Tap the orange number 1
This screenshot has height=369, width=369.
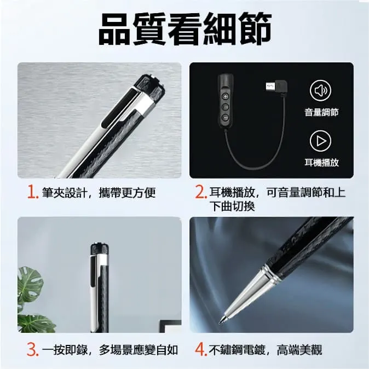pyautogui.click(x=33, y=193)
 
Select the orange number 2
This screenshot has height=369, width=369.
pyautogui.click(x=201, y=193)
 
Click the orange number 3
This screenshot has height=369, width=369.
pyautogui.click(x=32, y=349)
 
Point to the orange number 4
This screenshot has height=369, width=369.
pyautogui.click(x=201, y=349)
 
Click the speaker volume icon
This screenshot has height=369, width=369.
pyautogui.click(x=320, y=90)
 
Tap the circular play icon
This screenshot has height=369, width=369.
pyautogui.click(x=320, y=141)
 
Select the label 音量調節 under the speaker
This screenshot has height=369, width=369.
pyautogui.click(x=321, y=112)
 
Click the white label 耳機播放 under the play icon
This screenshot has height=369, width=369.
pyautogui.click(x=321, y=163)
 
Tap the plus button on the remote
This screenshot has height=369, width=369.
pyautogui.click(x=226, y=96)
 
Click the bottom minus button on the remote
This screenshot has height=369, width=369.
pyautogui.click(x=226, y=117)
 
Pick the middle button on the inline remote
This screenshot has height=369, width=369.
pyautogui.click(x=226, y=107)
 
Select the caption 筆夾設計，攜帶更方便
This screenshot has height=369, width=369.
pyautogui.click(x=99, y=193)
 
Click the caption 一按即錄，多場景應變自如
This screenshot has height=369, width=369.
pyautogui.click(x=110, y=350)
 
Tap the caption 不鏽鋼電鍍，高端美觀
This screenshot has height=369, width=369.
pyautogui.click(x=266, y=350)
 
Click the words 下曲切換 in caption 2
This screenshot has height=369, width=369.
pyautogui.click(x=233, y=206)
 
